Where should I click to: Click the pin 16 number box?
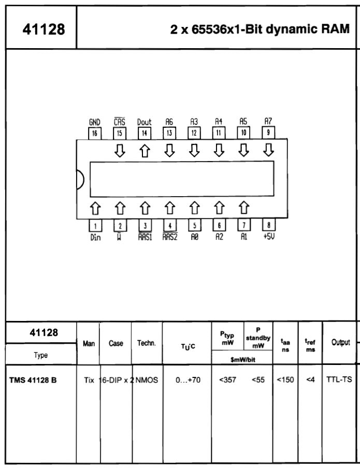pyautogui.click(x=94, y=132)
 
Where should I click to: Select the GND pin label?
pyautogui.click(x=94, y=122)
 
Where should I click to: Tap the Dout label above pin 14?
pyautogui.click(x=144, y=122)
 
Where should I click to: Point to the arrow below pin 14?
pyautogui.click(x=144, y=150)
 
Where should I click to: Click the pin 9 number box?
pyautogui.click(x=268, y=132)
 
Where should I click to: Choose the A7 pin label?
pyautogui.click(x=268, y=122)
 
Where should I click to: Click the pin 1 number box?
pyautogui.click(x=94, y=225)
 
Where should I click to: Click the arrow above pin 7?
pyautogui.click(x=243, y=208)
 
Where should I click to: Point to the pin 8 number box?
pyautogui.click(x=268, y=225)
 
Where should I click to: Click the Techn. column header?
pyautogui.click(x=147, y=343)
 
